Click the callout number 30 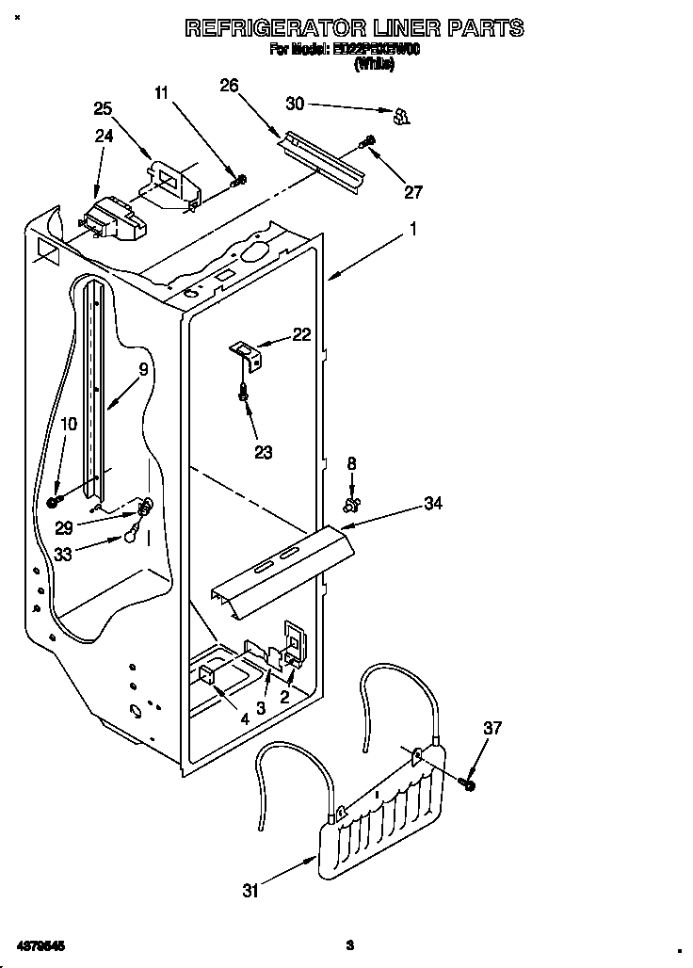point(296,103)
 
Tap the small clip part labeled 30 point(402,116)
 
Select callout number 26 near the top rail point(229,86)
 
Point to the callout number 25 point(103,108)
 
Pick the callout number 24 point(104,136)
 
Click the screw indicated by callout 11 point(241,179)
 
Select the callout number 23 point(263,452)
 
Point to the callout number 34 point(432,505)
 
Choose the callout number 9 point(144,370)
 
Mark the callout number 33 point(64,554)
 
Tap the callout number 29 point(64,527)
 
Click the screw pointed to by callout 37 point(468,783)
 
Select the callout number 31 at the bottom point(250,891)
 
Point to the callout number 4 point(244,718)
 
